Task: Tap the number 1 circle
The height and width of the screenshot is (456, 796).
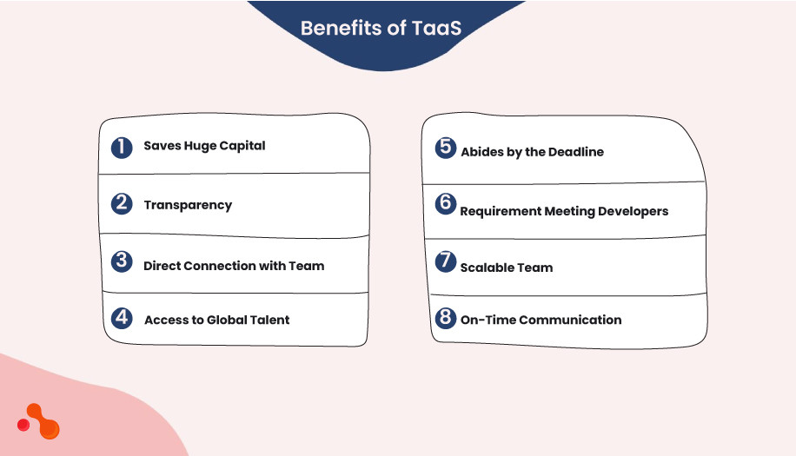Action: click(122, 146)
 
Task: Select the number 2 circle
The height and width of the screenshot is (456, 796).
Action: click(122, 204)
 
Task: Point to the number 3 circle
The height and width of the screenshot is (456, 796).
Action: click(122, 261)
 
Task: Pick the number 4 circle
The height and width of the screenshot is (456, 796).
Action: click(122, 318)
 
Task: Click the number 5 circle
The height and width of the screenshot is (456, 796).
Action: click(445, 147)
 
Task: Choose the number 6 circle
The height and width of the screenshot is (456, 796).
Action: click(445, 203)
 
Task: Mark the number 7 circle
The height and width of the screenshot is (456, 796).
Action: click(445, 261)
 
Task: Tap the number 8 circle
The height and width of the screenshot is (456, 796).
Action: click(445, 318)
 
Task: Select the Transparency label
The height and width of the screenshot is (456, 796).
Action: click(188, 206)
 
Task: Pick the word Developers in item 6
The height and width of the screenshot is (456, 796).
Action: click(633, 211)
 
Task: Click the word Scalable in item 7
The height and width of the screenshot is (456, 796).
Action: click(487, 268)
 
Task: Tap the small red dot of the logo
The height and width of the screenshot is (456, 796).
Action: click(23, 425)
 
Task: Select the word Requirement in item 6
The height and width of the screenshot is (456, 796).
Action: click(501, 211)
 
